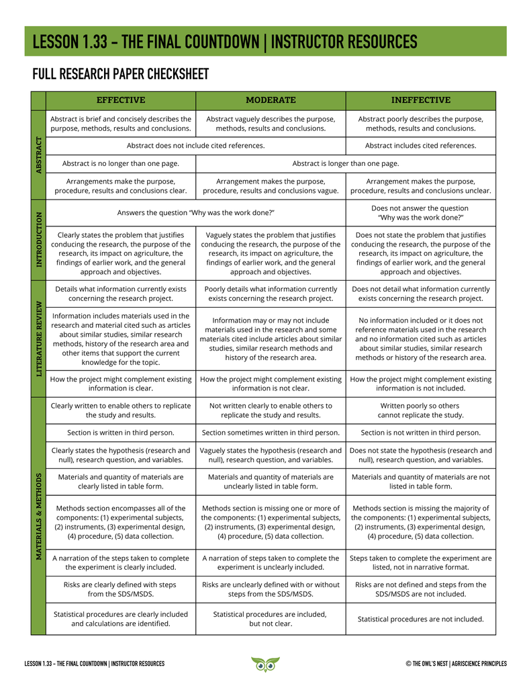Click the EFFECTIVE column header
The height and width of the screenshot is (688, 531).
pos(121,100)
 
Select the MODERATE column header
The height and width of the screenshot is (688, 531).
pos(271,100)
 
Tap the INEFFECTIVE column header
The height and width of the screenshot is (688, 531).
pos(421,100)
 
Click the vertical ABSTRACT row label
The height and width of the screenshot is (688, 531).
pos(38,155)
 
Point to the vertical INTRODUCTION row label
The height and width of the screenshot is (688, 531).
pos(38,239)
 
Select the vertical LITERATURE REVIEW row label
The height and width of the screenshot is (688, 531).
pos(38,338)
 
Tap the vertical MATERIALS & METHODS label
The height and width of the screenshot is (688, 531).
pos(38,515)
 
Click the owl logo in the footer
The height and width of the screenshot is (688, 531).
pos(265,664)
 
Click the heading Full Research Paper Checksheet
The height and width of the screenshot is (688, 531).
pos(121,74)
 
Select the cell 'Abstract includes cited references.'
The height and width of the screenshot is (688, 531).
pos(421,145)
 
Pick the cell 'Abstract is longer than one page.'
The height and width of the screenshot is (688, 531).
pos(346,163)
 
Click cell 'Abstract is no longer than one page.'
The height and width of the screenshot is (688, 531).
pos(121,163)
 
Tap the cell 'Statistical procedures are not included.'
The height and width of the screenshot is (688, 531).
pos(421,619)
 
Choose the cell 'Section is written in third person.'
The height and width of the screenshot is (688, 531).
pos(121,433)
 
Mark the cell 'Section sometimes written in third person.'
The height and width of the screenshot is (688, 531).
pos(271,433)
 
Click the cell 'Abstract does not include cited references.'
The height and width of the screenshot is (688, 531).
pos(195,145)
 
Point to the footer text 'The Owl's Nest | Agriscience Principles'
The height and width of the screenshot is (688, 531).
pos(456,664)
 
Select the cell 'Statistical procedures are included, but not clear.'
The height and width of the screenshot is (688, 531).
pos(271,619)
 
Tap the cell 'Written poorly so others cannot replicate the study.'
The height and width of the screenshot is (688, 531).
pos(421,411)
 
